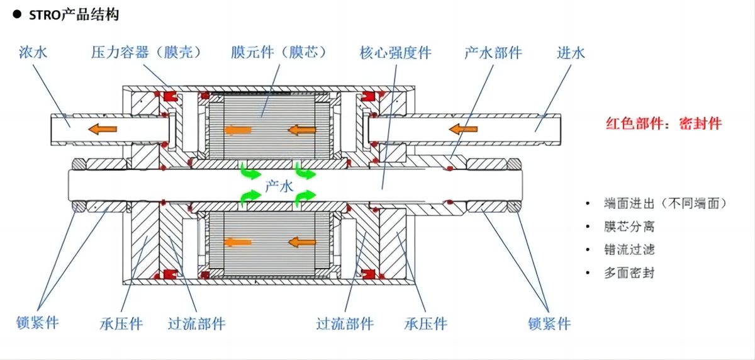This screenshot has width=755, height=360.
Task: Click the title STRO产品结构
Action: point(74,14)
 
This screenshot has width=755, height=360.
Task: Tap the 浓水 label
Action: point(33,52)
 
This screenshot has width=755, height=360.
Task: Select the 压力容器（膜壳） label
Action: point(146,52)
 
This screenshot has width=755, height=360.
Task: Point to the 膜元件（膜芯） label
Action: point(279,52)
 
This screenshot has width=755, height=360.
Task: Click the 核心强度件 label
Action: point(395,52)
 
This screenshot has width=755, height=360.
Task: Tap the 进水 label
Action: point(571,52)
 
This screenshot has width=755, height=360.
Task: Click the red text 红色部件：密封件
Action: point(664,124)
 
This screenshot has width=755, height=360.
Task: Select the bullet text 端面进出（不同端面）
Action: point(665,203)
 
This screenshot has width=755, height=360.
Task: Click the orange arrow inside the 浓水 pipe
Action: point(102,129)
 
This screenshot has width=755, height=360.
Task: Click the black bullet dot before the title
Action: point(17,14)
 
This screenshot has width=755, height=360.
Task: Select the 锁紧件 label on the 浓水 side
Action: point(38,323)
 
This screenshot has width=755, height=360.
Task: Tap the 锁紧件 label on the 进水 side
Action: point(549,323)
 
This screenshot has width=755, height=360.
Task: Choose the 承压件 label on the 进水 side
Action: point(426,324)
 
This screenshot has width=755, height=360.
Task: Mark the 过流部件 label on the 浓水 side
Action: point(196,324)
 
